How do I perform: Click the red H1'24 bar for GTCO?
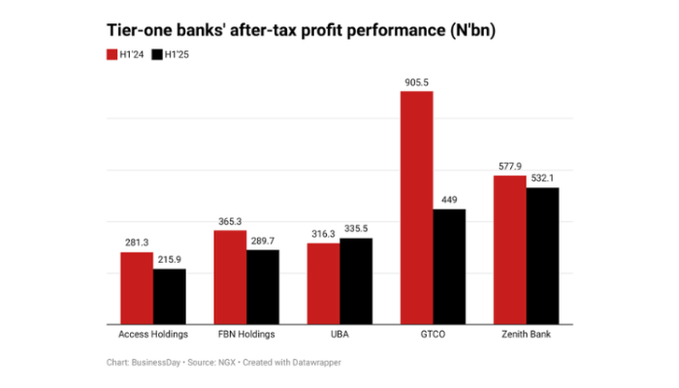417,208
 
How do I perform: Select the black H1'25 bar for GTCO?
449,267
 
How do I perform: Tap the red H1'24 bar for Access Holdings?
137,288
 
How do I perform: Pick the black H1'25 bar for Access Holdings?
169,297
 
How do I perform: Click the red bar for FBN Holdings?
230,277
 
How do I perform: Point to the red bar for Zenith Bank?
510,250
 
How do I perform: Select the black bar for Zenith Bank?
542,256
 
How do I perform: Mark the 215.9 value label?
169,261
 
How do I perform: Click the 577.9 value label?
510,167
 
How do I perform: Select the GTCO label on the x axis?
433,335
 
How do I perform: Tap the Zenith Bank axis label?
526,335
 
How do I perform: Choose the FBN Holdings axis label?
245,335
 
